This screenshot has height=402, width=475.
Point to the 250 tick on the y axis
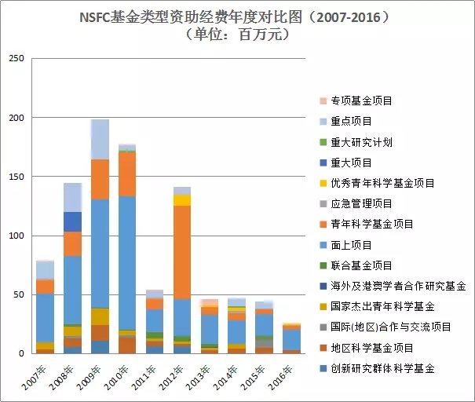[x=16, y=59]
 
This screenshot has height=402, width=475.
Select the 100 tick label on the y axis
[x=16, y=236]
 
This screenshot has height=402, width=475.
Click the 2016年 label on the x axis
[x=290, y=370]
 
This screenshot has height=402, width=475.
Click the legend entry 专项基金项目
[x=361, y=101]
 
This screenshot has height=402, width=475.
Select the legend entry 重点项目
[x=350, y=122]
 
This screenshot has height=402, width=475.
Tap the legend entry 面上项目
[x=350, y=245]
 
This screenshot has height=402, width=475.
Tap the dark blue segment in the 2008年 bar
[x=73, y=221]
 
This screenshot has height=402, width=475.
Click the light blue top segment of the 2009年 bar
[x=100, y=139]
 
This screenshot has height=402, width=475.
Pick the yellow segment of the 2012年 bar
[x=182, y=199]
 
